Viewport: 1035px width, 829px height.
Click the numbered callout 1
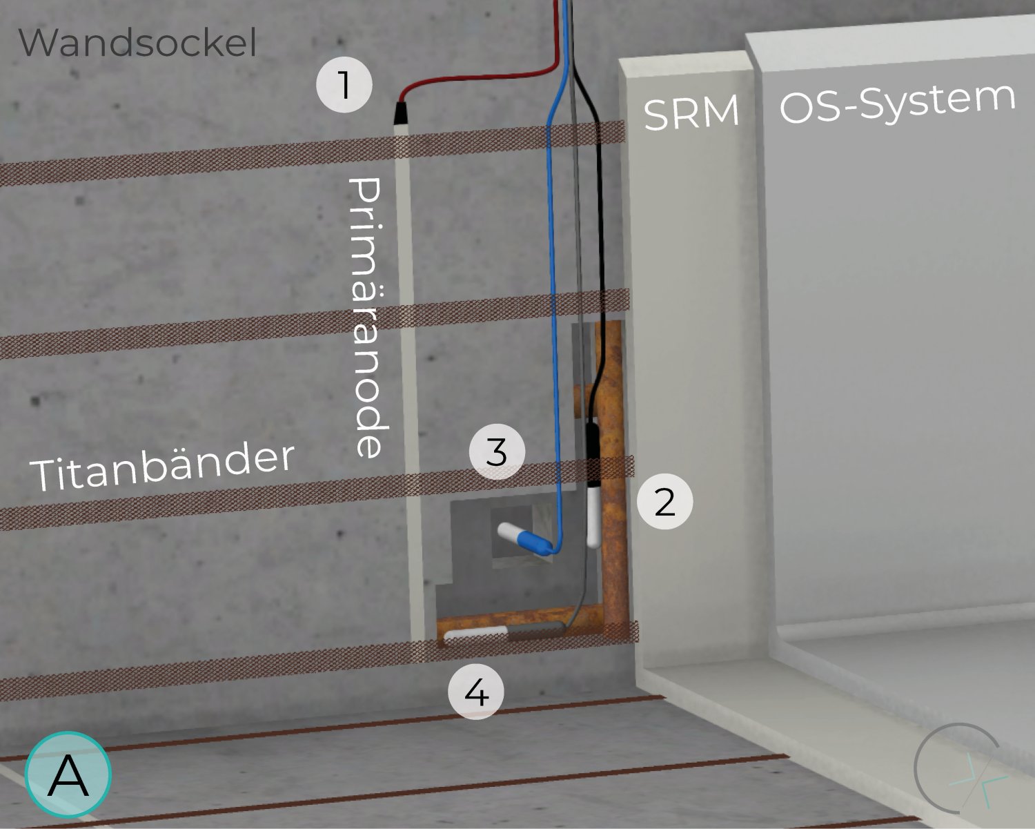344,85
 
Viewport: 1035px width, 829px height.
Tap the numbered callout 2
664,502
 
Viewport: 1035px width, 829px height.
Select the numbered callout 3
497,452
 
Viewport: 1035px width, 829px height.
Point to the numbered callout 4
476,692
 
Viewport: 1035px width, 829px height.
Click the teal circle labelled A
68,774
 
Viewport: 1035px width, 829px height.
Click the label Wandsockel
137,42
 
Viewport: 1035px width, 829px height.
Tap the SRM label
691,112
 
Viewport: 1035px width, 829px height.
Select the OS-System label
898,104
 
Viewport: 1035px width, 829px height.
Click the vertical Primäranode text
368,318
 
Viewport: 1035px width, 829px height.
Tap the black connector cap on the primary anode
402,114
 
